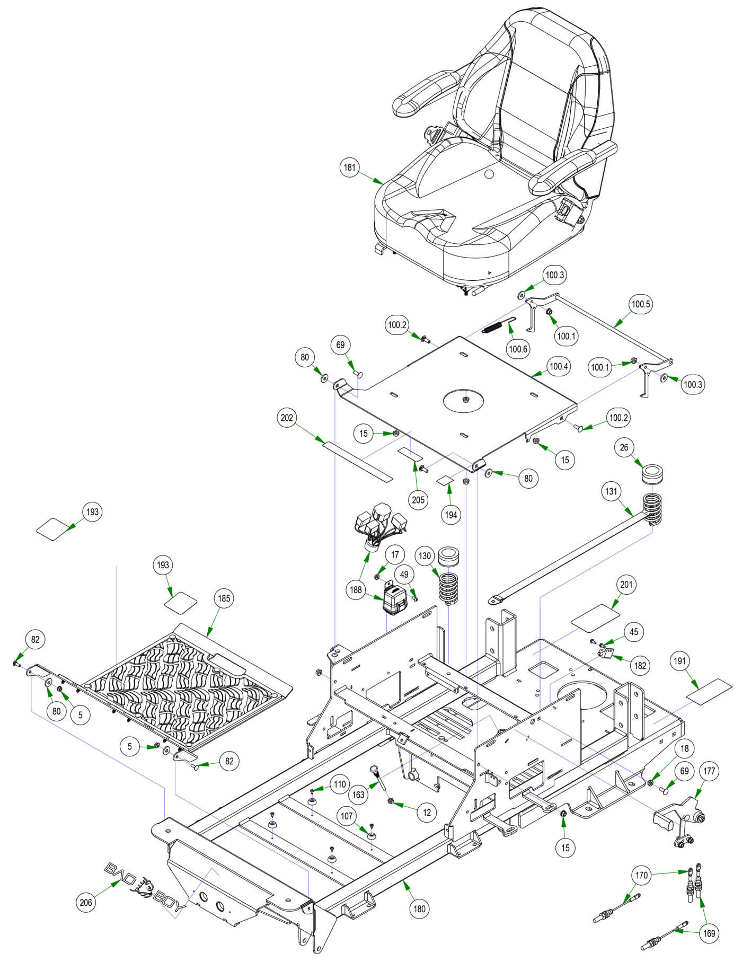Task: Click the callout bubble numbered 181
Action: point(350,168)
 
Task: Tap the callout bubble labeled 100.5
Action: point(640,304)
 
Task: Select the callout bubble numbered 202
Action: point(287,418)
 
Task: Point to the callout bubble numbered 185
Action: point(224,598)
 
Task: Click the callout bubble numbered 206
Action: point(86,902)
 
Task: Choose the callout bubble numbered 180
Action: point(419,909)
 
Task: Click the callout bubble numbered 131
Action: point(612,491)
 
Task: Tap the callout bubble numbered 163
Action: point(359,795)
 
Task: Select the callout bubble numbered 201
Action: point(626,584)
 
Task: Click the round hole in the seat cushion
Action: point(489,174)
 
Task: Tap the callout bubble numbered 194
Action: point(451,514)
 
